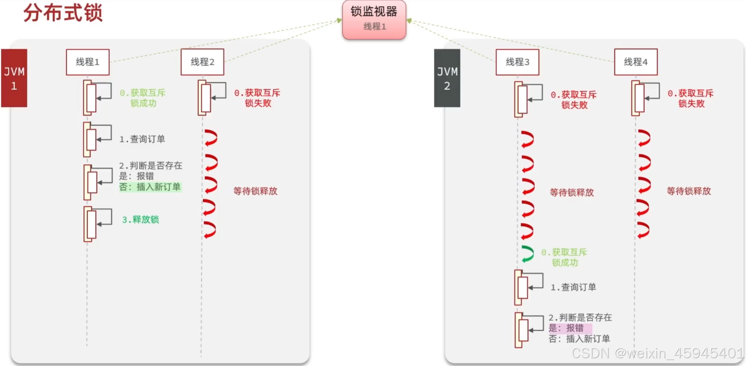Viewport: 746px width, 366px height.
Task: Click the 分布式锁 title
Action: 63,13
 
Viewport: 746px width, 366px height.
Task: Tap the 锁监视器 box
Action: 374,19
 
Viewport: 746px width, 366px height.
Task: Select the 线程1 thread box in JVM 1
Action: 87,62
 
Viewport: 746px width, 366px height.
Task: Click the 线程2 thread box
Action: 202,62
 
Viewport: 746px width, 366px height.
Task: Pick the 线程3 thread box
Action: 517,62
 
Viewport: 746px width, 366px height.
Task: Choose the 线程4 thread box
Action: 636,62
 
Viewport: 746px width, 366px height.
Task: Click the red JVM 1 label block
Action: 14,78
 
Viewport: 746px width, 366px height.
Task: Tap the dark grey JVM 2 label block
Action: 447,78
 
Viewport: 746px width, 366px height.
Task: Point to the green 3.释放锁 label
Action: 140,220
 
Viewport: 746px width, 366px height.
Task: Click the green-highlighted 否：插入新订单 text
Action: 150,187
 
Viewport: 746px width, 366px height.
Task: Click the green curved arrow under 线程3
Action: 528,254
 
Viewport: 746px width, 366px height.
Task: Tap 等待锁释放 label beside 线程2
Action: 255,191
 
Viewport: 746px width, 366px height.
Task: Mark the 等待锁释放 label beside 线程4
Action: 688,191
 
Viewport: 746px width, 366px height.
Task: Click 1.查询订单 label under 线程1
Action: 142,139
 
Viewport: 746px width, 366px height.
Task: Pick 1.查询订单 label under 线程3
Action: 573,287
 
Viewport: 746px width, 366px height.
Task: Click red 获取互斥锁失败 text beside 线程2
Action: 257,98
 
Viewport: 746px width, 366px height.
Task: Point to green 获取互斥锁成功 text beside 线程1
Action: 143,98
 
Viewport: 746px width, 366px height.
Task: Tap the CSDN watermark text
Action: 657,353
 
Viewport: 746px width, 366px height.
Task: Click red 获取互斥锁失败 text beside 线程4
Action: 691,98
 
